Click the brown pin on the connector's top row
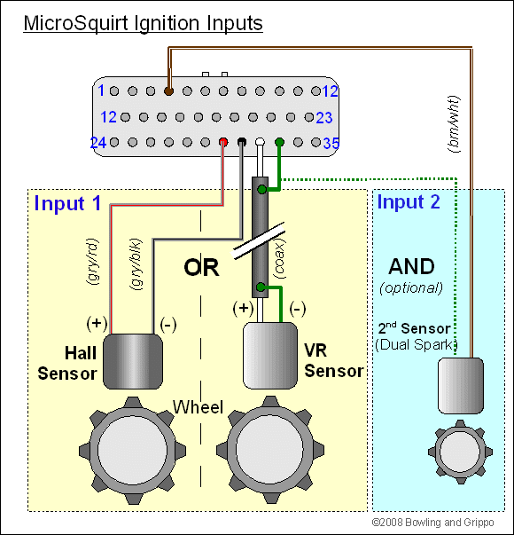point(168,91)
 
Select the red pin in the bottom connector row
point(223,142)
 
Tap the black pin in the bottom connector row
point(242,142)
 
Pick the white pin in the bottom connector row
point(260,142)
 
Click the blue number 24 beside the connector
point(98,143)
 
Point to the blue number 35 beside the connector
point(331,144)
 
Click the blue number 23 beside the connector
point(324,118)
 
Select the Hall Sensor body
point(133,361)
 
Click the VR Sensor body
point(270,356)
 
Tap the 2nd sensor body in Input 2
point(461,386)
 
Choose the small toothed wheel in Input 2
point(460,452)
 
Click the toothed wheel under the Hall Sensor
point(133,451)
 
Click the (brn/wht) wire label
point(454,124)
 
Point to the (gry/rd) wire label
point(92,262)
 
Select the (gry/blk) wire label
point(136,264)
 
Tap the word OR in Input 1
point(201,267)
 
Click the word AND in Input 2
point(412,266)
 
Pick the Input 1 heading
point(68,203)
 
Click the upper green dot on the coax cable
point(261,189)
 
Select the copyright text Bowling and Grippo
point(432,523)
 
